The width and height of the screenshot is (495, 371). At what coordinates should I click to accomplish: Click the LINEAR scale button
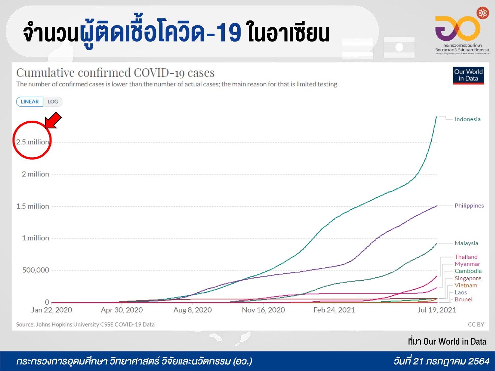point(30,102)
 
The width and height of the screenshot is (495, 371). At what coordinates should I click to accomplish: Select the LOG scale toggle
point(53,102)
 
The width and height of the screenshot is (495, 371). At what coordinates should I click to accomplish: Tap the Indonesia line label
point(467,119)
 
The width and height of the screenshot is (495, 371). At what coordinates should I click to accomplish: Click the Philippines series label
point(469,206)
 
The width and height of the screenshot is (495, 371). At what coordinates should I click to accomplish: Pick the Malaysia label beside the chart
point(466,243)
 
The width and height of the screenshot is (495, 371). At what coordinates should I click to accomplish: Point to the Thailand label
point(466,257)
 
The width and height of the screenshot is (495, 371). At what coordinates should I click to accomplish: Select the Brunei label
point(463,299)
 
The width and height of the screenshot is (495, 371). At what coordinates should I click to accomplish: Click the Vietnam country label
point(466,286)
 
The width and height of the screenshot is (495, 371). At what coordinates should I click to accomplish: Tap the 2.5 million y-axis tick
point(32,142)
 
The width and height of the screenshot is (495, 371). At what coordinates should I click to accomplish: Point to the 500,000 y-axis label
point(36,270)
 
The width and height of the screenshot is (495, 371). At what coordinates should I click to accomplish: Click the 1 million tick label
point(36,238)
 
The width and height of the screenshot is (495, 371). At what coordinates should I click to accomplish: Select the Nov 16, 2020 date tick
point(263,310)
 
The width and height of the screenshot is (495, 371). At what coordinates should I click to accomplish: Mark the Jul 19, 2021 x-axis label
point(437,310)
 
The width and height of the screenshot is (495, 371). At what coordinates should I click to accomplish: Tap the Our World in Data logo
point(468,76)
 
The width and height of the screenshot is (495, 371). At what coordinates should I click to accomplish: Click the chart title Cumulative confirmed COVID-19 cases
point(115,73)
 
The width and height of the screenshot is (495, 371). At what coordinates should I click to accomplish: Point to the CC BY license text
point(476,325)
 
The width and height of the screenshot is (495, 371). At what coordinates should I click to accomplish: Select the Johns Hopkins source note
point(85,325)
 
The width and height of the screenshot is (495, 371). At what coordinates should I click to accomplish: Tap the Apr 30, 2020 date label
point(122,310)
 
